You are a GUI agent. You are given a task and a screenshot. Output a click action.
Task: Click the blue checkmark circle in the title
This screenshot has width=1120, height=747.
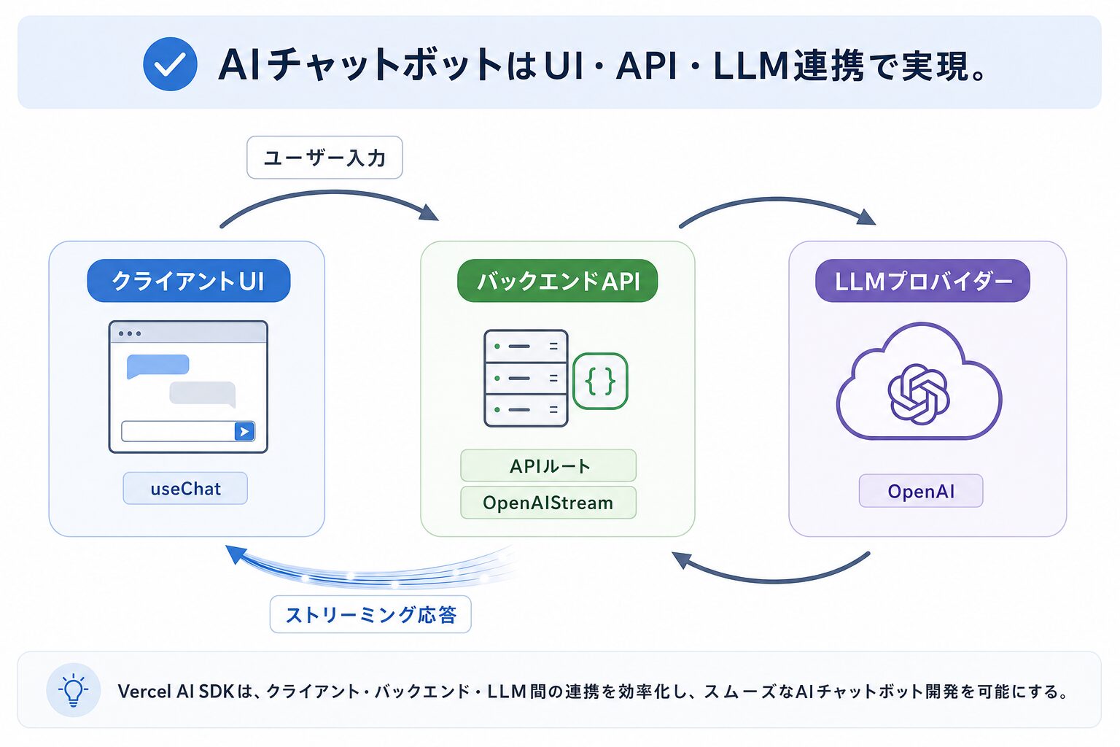170,64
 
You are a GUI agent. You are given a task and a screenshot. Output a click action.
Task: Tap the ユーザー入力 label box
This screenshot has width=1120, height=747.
324,158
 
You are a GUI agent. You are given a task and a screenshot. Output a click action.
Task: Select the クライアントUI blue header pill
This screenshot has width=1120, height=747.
189,281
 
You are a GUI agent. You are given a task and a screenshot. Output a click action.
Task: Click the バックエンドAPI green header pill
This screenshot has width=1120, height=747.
558,281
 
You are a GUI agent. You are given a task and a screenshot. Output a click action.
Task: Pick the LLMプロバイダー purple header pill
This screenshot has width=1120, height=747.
922,281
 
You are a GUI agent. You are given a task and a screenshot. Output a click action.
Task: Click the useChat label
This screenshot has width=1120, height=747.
185,488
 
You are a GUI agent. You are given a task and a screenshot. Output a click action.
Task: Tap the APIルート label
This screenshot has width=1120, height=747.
548,466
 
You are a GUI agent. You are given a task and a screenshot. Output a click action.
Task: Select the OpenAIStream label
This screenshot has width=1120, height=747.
548,503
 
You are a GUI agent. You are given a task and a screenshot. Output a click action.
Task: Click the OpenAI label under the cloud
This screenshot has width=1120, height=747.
921,491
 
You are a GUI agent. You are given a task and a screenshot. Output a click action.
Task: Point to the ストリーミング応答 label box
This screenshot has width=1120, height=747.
370,614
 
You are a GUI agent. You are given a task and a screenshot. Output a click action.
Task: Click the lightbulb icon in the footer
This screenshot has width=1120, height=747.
74,690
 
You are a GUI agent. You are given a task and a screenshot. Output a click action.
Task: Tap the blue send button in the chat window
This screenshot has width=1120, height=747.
244,431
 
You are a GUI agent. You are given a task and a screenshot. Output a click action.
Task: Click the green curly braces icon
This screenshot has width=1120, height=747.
600,382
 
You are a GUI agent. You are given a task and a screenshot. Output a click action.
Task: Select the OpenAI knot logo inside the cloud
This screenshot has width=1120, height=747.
919,394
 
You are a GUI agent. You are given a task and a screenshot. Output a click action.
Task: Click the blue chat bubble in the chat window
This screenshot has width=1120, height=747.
157,365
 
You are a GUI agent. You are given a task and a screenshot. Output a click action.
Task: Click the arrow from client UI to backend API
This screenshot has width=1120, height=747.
330,192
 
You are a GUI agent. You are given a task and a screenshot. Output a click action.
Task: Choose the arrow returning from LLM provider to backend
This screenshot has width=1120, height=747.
772,581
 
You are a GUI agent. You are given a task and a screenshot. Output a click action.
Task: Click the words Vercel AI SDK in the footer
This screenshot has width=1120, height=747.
176,692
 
